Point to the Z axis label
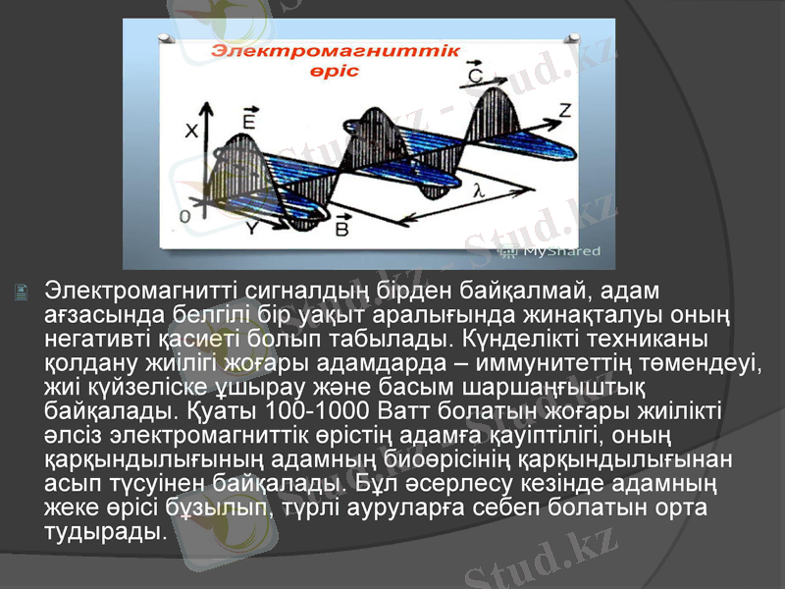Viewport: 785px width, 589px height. click(563, 111)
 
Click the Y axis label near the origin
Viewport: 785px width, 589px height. click(252, 227)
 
